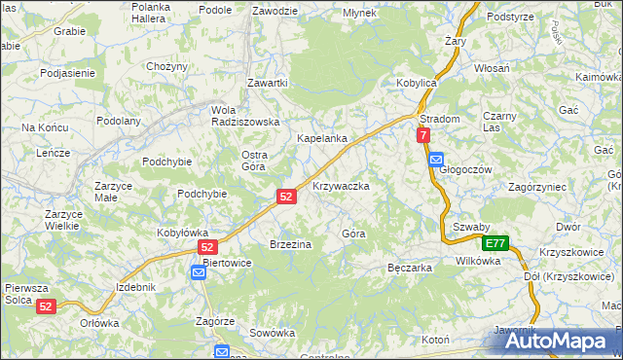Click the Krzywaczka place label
pos(340,185)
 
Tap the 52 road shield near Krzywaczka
pos(285,196)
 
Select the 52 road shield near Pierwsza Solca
pos(46,306)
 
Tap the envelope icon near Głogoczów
pos(435,160)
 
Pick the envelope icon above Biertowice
pos(198,273)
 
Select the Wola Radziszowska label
pos(246,115)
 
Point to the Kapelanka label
pos(322,139)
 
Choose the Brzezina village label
pos(290,244)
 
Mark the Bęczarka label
pos(409,267)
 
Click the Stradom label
pos(439,119)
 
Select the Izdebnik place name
pos(135,287)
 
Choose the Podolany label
pos(119,121)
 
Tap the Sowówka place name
pos(272,332)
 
